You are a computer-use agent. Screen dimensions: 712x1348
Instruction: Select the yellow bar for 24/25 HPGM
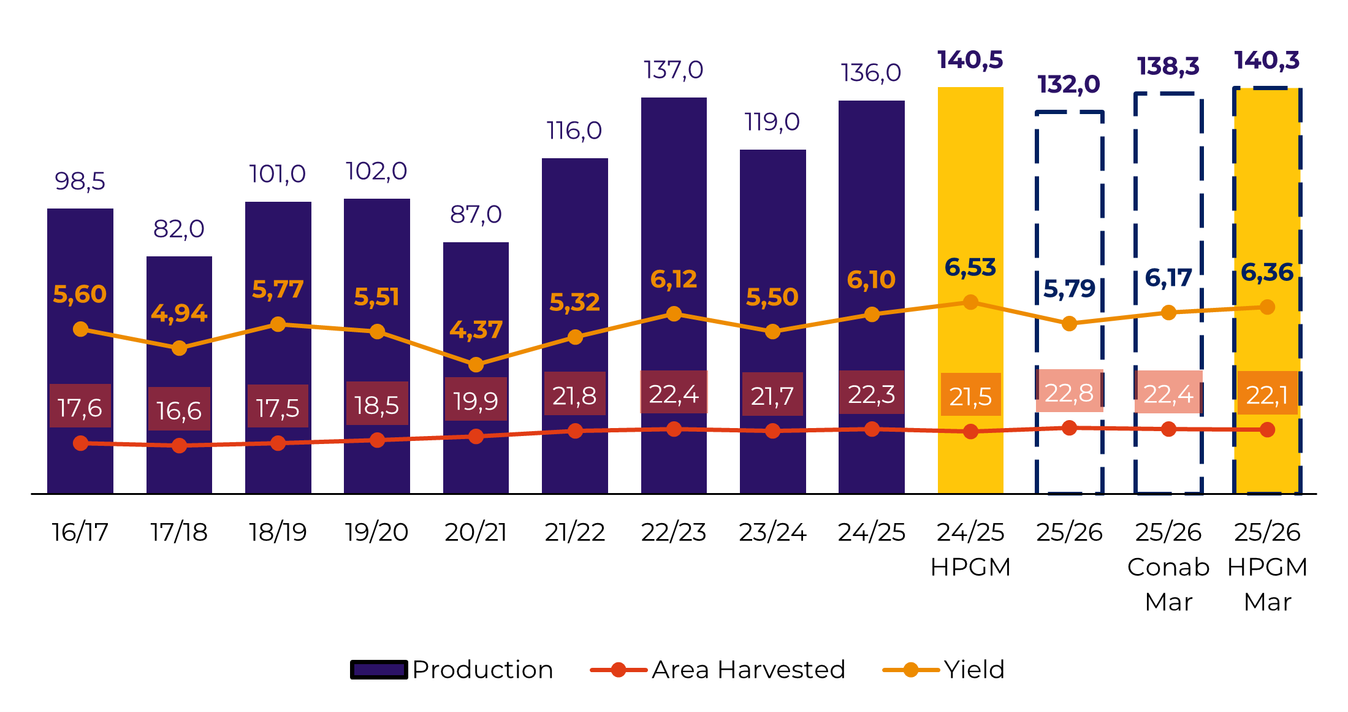pyautogui.click(x=970, y=184)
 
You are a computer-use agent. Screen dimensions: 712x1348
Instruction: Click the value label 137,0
pyautogui.click(x=673, y=71)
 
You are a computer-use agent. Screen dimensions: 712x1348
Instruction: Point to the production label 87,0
pyautogui.click(x=476, y=215)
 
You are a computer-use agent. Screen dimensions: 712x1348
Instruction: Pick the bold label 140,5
pyautogui.click(x=970, y=60)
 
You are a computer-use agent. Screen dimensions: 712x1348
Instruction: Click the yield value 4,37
pyautogui.click(x=476, y=330)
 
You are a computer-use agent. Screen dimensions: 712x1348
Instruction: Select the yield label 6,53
pyautogui.click(x=970, y=267)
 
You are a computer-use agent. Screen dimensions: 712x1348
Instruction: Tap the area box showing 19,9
pyautogui.click(x=476, y=400)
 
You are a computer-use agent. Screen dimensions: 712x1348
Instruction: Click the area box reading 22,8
pyautogui.click(x=1069, y=392)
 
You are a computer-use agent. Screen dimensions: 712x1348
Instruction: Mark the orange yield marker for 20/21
pyautogui.click(x=476, y=365)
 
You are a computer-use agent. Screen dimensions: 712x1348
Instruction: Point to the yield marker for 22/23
pyautogui.click(x=674, y=314)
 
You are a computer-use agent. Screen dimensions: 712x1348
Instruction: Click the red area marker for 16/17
pyautogui.click(x=80, y=443)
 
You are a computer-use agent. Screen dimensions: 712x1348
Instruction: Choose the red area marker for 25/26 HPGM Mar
pyautogui.click(x=1268, y=430)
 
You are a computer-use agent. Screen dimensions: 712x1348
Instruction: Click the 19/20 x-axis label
pyautogui.click(x=376, y=532)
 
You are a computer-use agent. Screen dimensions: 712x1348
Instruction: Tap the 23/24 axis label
pyautogui.click(x=772, y=532)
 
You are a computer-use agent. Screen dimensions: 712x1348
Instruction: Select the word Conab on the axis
pyautogui.click(x=1168, y=567)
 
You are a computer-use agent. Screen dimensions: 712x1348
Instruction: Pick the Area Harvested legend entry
pyautogui.click(x=718, y=670)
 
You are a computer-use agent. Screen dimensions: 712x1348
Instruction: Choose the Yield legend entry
pyautogui.click(x=944, y=670)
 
